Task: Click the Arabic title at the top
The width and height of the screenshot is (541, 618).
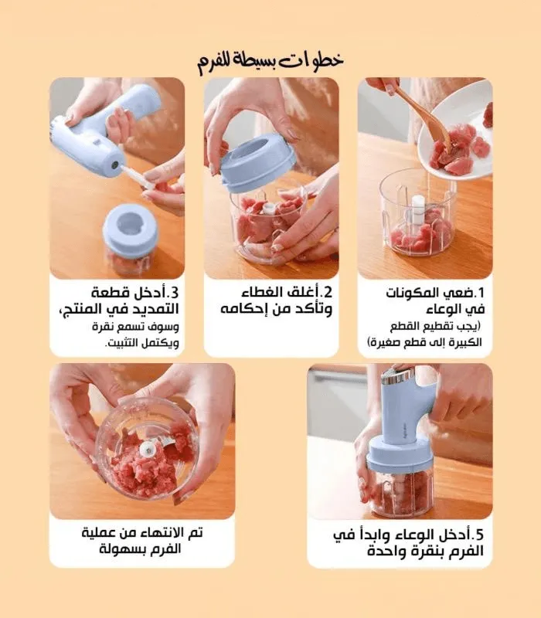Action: pos(270,61)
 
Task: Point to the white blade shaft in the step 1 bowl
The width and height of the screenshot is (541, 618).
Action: pos(418,208)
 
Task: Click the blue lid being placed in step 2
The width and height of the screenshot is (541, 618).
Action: pos(257,162)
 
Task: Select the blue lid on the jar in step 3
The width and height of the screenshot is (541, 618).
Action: pos(130,229)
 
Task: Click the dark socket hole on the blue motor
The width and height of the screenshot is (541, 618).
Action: pos(114,165)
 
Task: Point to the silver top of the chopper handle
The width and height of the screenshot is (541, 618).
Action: pos(397,375)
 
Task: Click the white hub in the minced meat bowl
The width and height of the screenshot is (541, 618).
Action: pos(148,449)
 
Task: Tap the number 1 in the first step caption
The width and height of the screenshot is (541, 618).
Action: pos(479,293)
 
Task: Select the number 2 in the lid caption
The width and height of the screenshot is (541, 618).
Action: pos(328,292)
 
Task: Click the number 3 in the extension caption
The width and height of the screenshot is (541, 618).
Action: pos(174,293)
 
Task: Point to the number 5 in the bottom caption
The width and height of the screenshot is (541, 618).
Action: pos(478,535)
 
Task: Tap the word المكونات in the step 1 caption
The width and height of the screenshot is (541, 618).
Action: pos(413,293)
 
